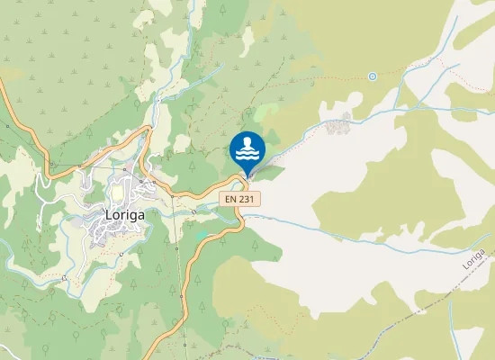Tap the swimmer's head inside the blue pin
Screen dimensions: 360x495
[247, 142]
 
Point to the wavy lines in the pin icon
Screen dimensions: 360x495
[247, 155]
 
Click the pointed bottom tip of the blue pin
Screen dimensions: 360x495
[247, 175]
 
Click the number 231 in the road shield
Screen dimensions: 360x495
[246, 198]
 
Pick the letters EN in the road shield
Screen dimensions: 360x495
[230, 198]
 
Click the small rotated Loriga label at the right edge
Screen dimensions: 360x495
[474, 260]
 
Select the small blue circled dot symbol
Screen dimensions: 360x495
[372, 76]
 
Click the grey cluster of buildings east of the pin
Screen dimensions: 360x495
[340, 126]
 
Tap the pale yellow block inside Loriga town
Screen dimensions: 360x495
[116, 193]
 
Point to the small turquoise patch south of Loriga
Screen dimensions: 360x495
[201, 236]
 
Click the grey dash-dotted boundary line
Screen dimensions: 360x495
[396, 298]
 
